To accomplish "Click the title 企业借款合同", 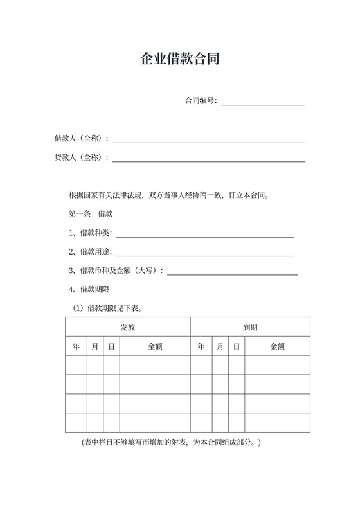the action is pos(180,60).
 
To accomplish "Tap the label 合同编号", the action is pos(200,100).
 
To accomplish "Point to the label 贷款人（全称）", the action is pos(81,157).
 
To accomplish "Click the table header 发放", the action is pos(128,327).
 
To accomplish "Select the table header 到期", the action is pos(251,327).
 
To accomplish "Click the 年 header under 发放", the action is pos(76,346).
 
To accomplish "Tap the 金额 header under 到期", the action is pos(277,346).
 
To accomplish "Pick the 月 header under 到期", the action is pos(220,346).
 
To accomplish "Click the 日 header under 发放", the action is pos(111,346).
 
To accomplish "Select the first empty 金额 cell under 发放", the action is pos(155,365).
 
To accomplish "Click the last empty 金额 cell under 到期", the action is pos(277,422).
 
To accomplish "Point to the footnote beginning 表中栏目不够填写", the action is pos(171,443).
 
